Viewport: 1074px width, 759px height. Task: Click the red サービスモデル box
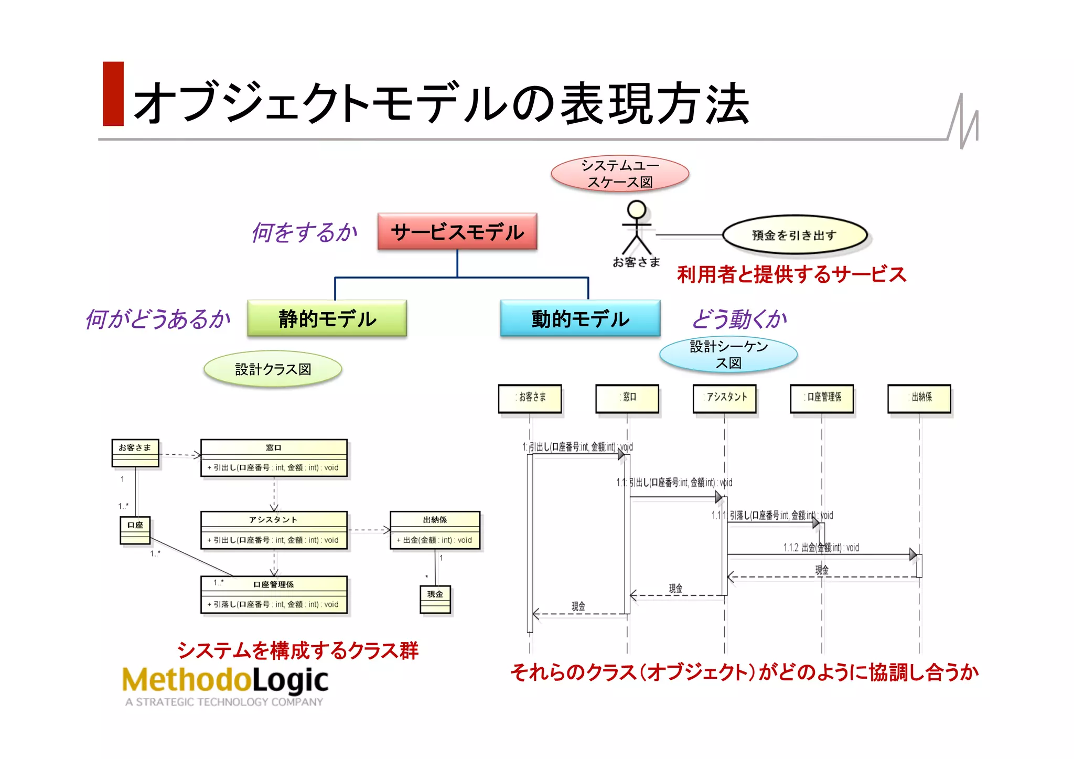point(457,231)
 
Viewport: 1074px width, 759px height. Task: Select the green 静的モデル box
point(327,318)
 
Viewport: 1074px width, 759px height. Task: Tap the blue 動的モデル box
point(580,318)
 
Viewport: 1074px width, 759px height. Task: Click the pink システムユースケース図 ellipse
point(620,174)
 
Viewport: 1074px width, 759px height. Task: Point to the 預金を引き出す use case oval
point(794,235)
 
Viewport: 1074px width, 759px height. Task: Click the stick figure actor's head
point(637,209)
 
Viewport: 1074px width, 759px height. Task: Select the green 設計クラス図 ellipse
point(273,369)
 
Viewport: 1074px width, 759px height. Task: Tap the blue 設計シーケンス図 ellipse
point(728,355)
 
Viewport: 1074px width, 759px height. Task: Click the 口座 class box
point(135,530)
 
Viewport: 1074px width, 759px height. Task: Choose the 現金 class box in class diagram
point(435,599)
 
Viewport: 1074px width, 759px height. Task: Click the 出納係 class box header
point(435,519)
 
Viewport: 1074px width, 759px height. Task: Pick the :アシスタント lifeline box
point(724,398)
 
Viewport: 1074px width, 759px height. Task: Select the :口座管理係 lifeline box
point(822,398)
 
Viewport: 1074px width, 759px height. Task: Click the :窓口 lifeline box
point(627,398)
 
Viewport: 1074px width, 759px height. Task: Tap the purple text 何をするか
point(304,232)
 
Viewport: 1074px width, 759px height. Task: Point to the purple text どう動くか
point(739,319)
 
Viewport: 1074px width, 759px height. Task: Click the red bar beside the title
point(113,94)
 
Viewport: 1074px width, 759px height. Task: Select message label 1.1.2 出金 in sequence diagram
point(821,548)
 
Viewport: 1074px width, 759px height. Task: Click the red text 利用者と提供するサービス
point(791,274)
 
